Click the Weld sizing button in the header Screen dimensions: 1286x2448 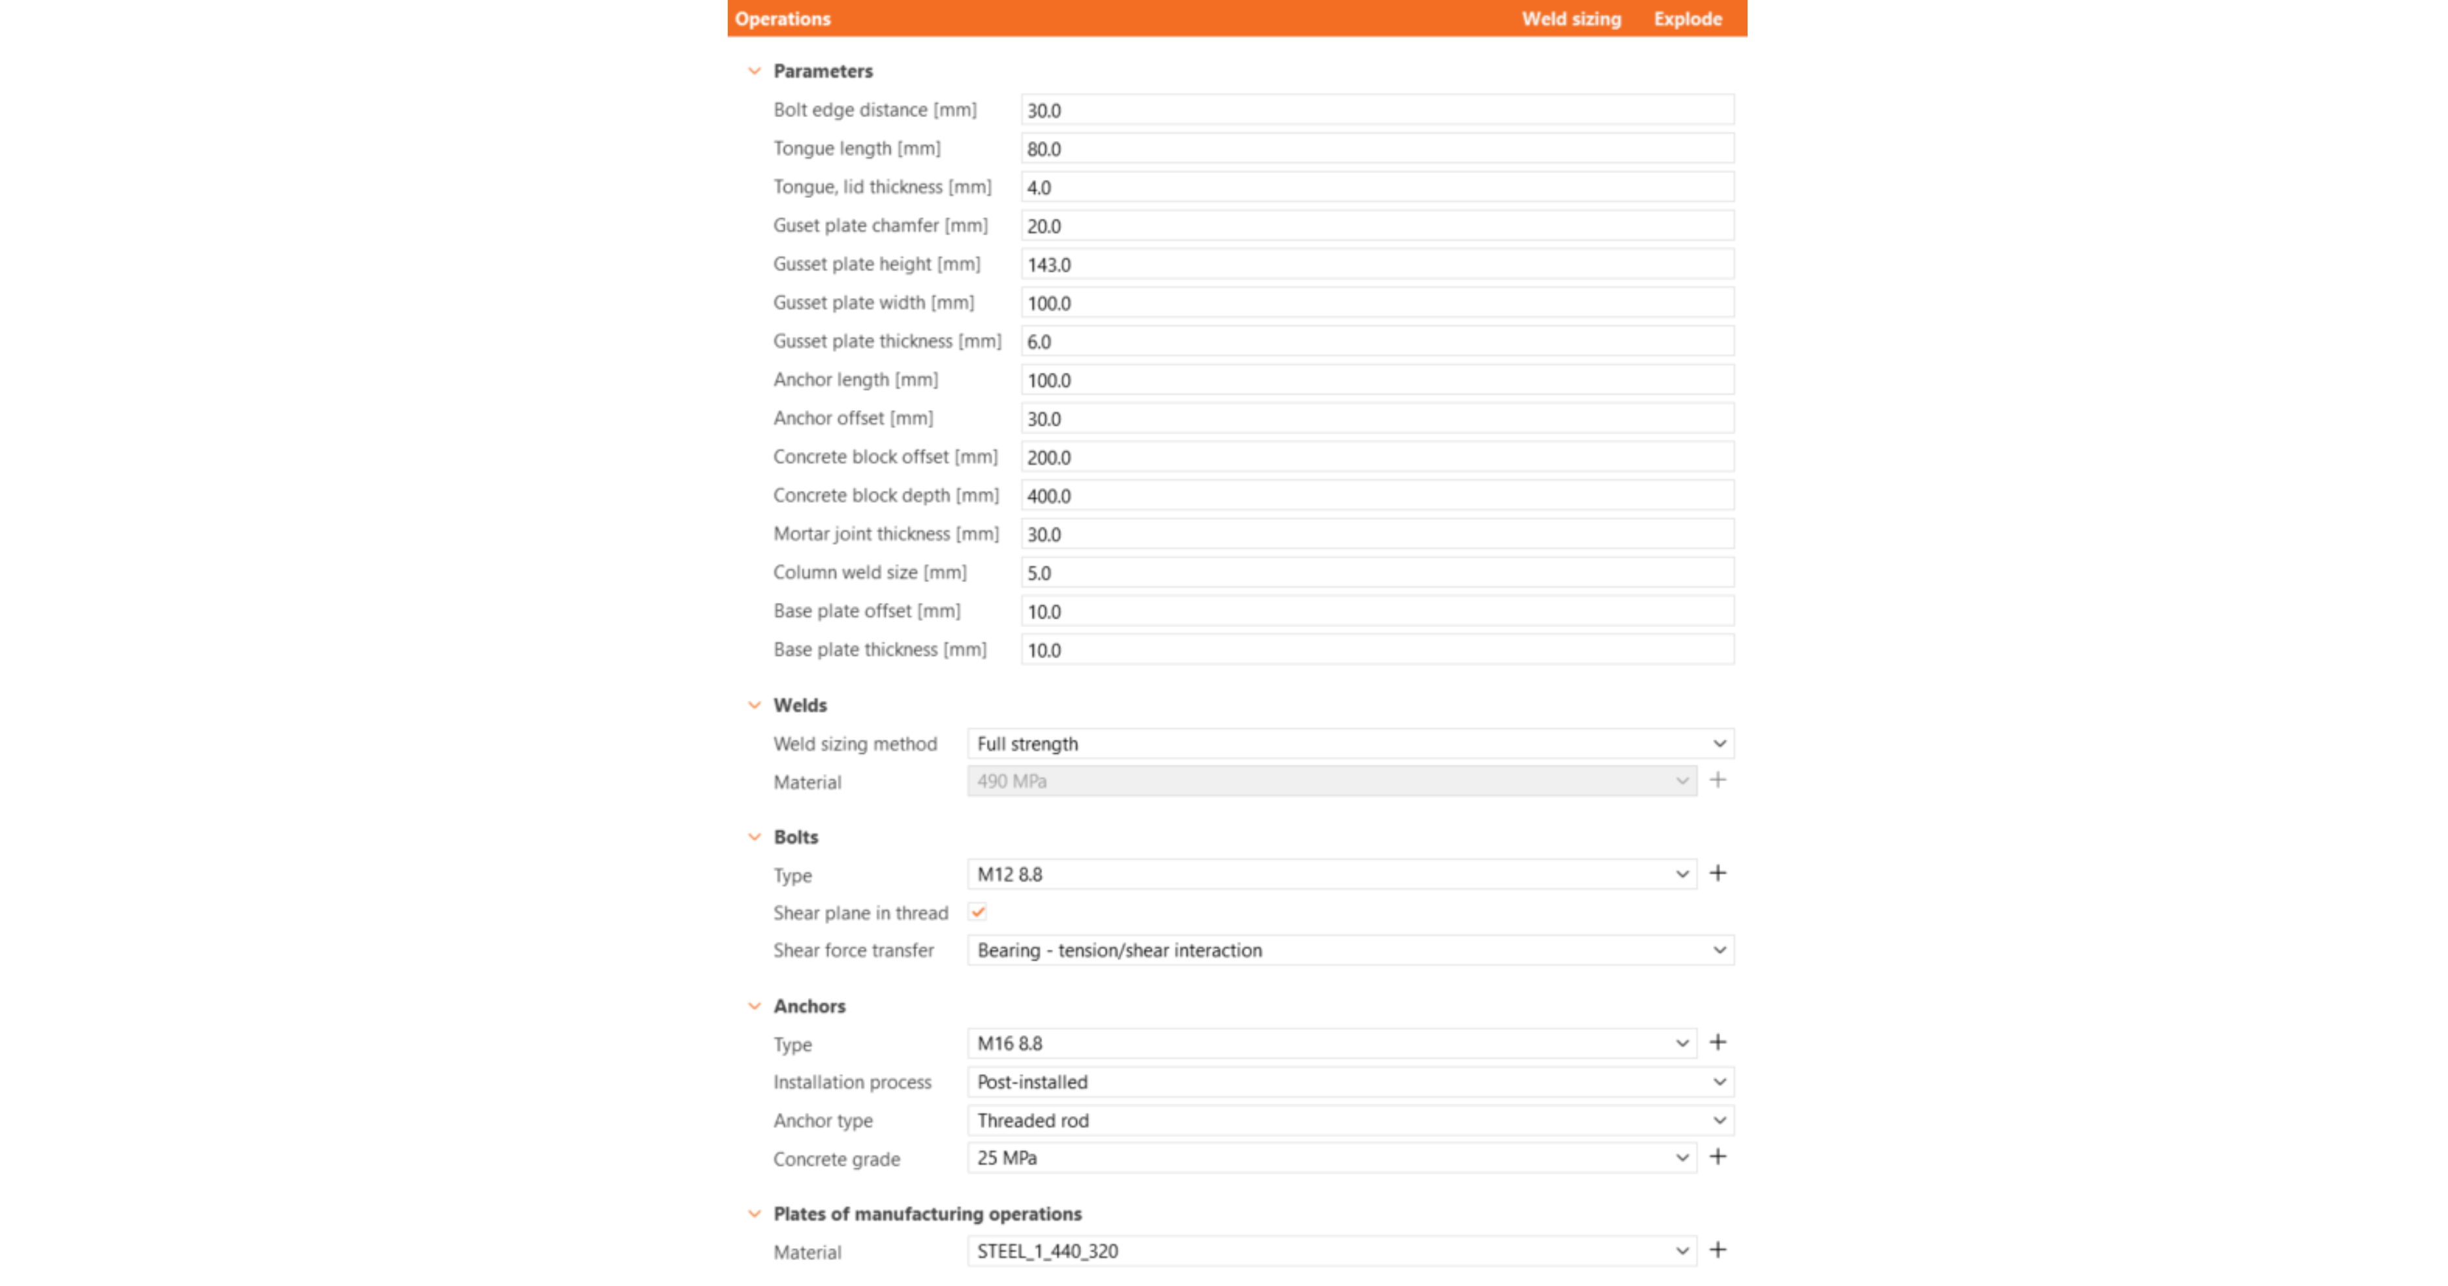pos(1571,19)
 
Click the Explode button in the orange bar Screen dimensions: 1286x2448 pos(1687,19)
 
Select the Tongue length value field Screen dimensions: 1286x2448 pos(1376,149)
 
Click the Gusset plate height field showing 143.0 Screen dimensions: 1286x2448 pos(1376,265)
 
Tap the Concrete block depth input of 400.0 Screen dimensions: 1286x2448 pos(1376,496)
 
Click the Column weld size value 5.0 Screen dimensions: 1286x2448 pos(1376,573)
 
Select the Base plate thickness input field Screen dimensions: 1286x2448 pos(1376,650)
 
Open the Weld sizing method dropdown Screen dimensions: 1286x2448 pos(1349,744)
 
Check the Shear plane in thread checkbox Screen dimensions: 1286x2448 pos(978,912)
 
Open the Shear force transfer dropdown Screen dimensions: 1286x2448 pos(1349,950)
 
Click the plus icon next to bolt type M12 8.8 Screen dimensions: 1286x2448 pos(1718,873)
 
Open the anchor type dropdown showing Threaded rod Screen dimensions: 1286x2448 pos(1349,1121)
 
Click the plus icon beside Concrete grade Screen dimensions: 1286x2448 pos(1718,1157)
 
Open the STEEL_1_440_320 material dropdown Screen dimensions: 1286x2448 pos(1330,1251)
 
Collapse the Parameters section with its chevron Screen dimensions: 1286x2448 pos(755,71)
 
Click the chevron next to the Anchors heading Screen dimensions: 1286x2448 pos(755,1006)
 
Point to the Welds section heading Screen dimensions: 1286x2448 pos(800,705)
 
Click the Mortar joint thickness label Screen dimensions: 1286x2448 pos(886,534)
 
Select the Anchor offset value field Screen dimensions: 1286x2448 pos(1376,419)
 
